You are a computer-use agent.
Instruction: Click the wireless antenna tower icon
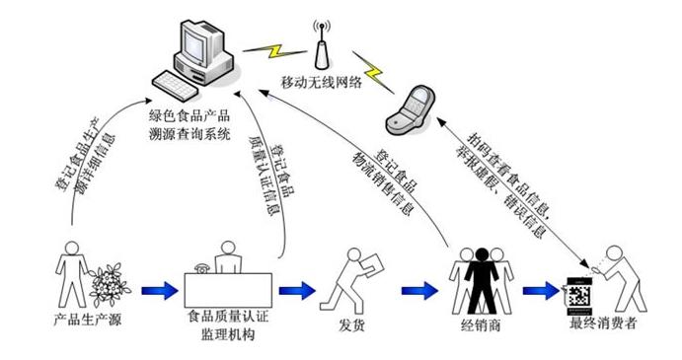point(321,43)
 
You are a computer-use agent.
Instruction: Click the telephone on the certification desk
point(202,267)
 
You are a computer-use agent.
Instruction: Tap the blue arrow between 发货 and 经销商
point(418,291)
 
